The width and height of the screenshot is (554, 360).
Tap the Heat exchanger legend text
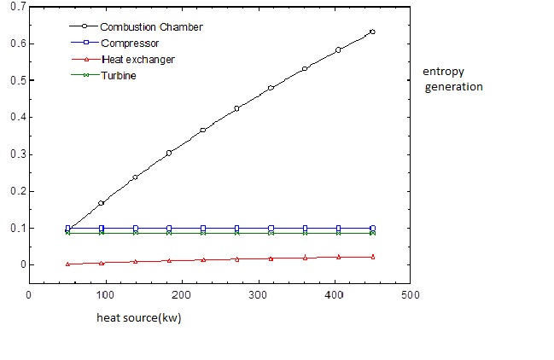click(x=131, y=59)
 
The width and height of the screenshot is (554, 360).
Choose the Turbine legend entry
click(x=117, y=75)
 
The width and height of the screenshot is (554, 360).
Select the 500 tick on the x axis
click(x=411, y=295)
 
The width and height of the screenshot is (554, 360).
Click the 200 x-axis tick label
click(x=182, y=295)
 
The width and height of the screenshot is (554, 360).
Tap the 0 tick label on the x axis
click(x=30, y=295)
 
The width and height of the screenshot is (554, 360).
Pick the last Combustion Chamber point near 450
click(x=372, y=32)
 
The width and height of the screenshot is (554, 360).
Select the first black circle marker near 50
click(x=68, y=229)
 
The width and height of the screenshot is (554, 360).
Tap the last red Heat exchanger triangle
click(x=372, y=256)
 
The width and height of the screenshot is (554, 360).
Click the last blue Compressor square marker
click(x=372, y=228)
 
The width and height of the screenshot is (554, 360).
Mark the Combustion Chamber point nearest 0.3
click(x=169, y=153)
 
